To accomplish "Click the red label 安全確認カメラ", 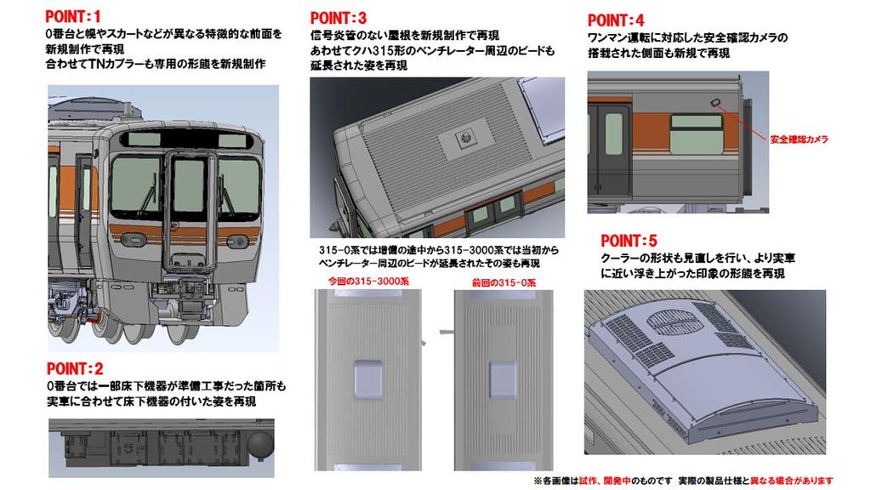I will pyautogui.click(x=798, y=139).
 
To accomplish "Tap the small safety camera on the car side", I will pyautogui.click(x=716, y=104).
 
